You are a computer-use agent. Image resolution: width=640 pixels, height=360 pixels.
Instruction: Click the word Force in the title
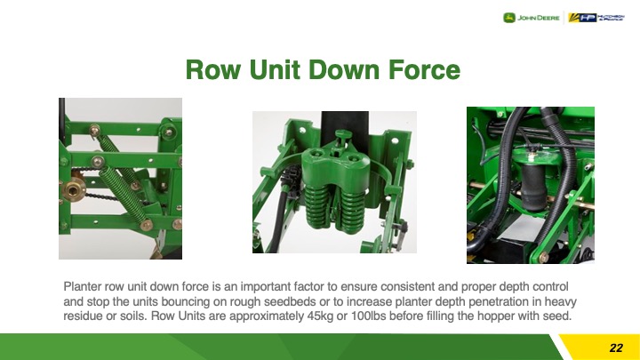coord(425,70)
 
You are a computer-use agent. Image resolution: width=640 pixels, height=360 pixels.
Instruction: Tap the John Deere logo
coord(531,18)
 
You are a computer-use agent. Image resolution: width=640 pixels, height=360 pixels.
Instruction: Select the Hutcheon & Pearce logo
coord(596,18)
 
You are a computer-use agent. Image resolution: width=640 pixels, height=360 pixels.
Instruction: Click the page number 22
coord(616,348)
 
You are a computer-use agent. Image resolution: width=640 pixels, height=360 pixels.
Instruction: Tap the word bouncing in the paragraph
coord(186,301)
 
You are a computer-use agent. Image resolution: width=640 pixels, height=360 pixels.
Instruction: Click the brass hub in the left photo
coord(75,189)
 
